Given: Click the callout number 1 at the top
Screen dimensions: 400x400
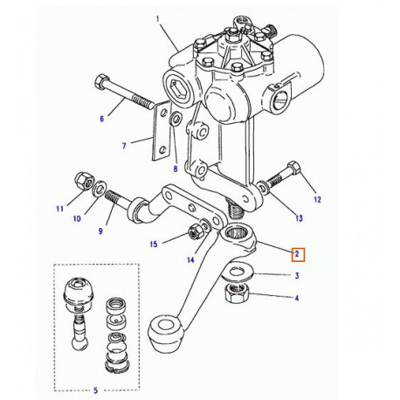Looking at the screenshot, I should click(158, 18).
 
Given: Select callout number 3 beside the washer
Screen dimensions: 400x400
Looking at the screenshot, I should click(296, 277).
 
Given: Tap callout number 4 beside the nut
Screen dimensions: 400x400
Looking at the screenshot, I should click(296, 299).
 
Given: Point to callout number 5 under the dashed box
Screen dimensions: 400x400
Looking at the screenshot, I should click(95, 390).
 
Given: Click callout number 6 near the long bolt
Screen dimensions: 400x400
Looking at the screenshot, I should click(100, 118).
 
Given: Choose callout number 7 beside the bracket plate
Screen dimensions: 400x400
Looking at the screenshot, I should click(124, 146).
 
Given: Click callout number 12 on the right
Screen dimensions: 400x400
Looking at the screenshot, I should click(317, 200).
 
